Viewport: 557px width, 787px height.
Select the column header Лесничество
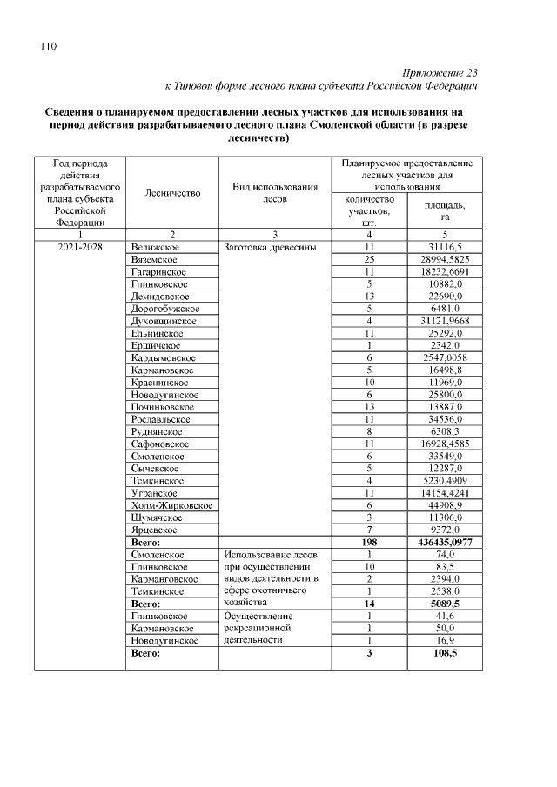[172, 193]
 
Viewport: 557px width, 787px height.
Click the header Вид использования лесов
[274, 193]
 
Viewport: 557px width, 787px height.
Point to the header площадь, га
[444, 210]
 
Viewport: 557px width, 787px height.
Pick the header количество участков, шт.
[369, 210]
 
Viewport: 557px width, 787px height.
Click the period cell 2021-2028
[80, 248]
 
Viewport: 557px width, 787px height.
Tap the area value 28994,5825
[444, 260]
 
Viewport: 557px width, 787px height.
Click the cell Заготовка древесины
[270, 248]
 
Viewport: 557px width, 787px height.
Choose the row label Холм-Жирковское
[172, 505]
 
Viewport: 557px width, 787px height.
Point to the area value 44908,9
[444, 505]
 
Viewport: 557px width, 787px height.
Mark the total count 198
[369, 542]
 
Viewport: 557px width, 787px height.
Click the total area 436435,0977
[444, 542]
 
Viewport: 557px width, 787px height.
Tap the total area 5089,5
[444, 602]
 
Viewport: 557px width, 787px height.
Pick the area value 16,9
[444, 640]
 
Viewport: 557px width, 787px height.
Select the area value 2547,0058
[444, 358]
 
